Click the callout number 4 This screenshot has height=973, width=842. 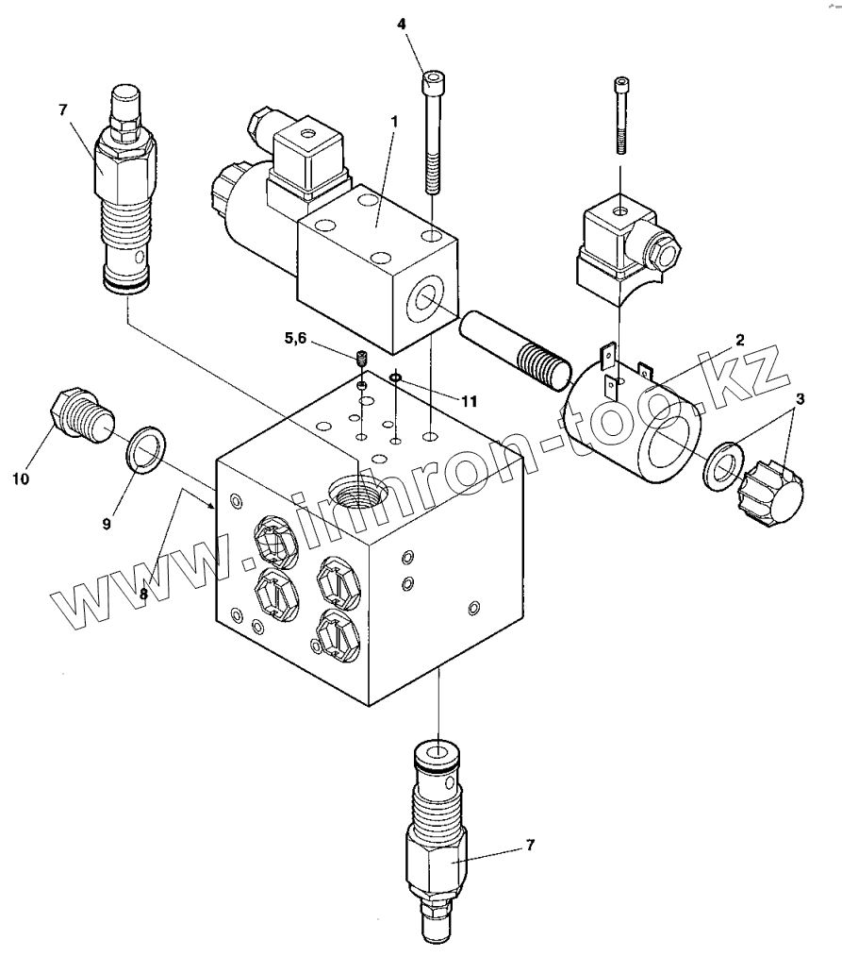pyautogui.click(x=401, y=25)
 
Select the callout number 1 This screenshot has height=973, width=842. pyautogui.click(x=394, y=122)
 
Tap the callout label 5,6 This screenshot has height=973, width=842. pyautogui.click(x=296, y=338)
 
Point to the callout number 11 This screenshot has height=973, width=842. pyautogui.click(x=470, y=401)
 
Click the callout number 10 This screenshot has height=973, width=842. pyautogui.click(x=21, y=478)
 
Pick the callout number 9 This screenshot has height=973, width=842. pyautogui.click(x=107, y=525)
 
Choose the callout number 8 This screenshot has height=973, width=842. pyautogui.click(x=143, y=594)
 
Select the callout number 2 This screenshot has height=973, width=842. pyautogui.click(x=739, y=340)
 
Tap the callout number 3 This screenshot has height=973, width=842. pyautogui.click(x=800, y=399)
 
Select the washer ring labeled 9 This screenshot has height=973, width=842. pyautogui.click(x=147, y=449)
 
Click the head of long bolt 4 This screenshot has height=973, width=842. pyautogui.click(x=433, y=82)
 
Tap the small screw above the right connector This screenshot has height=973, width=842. pyautogui.click(x=621, y=115)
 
